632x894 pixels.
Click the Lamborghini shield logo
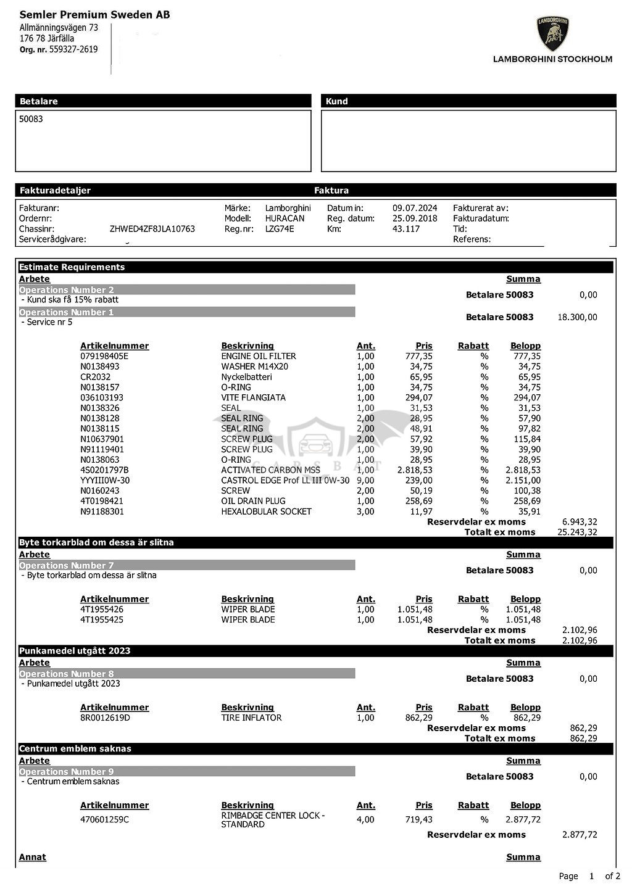(x=552, y=34)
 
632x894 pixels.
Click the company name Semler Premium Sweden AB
(x=94, y=14)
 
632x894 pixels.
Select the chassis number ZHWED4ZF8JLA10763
(x=152, y=229)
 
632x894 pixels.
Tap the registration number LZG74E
(x=280, y=229)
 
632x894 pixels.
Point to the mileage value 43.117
(x=405, y=229)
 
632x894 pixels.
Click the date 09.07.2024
(x=414, y=209)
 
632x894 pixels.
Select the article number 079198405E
(x=104, y=356)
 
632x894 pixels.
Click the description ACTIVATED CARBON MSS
(x=270, y=470)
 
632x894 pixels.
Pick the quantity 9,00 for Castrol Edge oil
(x=365, y=481)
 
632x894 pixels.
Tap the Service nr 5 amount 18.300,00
(x=577, y=317)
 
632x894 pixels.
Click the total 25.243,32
(x=577, y=532)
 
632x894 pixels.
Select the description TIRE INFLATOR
(x=251, y=718)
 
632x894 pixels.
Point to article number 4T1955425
(x=101, y=619)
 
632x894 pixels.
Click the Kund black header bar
(x=468, y=101)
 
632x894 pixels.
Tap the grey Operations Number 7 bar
(x=186, y=565)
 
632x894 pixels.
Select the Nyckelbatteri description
(x=246, y=377)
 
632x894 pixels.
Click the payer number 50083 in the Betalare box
(x=31, y=119)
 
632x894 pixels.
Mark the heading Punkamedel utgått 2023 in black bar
(x=75, y=651)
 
